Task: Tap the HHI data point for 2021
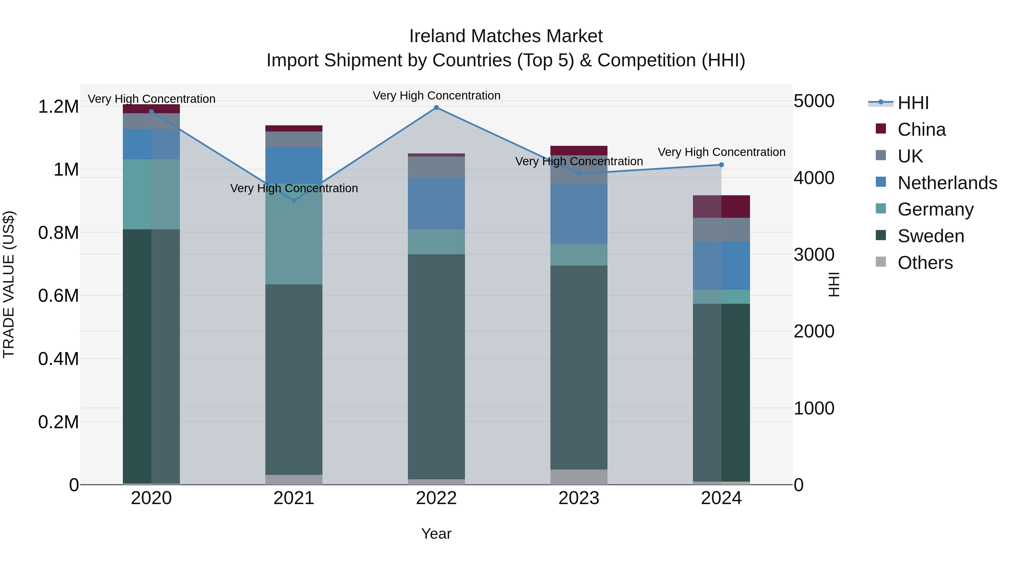[294, 201]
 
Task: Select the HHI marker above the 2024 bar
[721, 165]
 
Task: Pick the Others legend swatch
[881, 262]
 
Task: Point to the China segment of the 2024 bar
[721, 207]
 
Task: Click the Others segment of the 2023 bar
[579, 477]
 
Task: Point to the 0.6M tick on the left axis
[58, 296]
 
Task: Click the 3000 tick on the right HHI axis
[814, 255]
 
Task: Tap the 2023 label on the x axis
[579, 498]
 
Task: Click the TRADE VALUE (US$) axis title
[9, 284]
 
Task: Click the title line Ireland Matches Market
[506, 36]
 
